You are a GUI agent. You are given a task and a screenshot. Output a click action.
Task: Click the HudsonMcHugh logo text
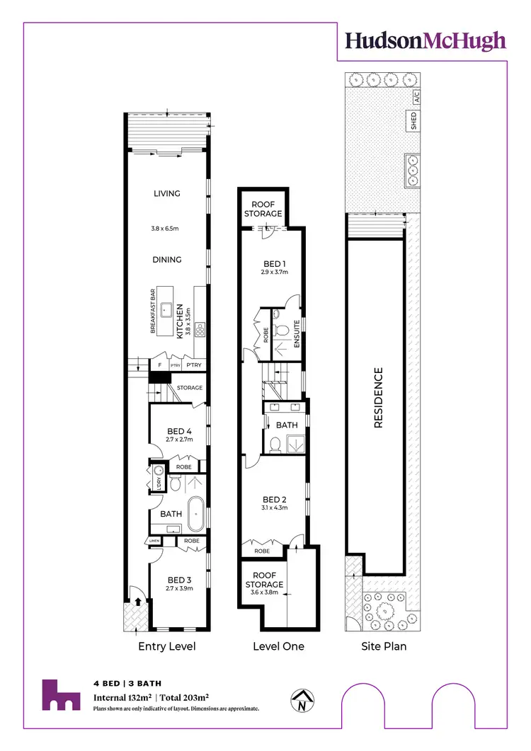click(x=426, y=40)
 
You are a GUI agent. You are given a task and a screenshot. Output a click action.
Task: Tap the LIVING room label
click(x=167, y=193)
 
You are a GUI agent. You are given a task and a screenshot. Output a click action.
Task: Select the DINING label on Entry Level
click(x=167, y=260)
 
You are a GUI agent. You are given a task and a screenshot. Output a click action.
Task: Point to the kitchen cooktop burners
click(x=200, y=328)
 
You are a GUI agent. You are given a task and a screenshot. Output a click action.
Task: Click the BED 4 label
click(x=180, y=431)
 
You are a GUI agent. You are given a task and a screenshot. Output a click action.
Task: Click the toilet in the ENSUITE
click(x=281, y=328)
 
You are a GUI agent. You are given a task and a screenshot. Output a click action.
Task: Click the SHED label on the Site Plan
click(x=413, y=120)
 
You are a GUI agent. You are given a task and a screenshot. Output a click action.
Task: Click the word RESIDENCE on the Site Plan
click(x=378, y=398)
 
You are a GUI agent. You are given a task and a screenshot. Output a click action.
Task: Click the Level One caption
click(x=278, y=646)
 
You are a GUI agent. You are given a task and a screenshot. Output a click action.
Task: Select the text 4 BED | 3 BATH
click(x=127, y=684)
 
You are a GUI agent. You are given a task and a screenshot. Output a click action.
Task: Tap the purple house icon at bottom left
click(x=60, y=695)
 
